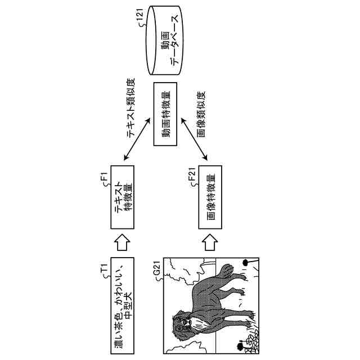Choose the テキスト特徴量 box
point(123,197)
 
